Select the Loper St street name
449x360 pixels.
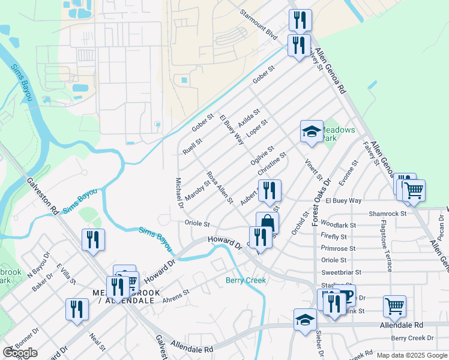[256, 128]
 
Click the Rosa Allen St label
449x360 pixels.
[220, 187]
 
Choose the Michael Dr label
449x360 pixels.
[179, 193]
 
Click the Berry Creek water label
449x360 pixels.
[245, 280]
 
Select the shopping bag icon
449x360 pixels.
[267, 223]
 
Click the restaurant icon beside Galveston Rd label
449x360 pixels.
[93, 239]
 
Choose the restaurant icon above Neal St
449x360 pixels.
[76, 309]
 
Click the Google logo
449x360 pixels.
[20, 353]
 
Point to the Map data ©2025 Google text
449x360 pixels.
[411, 355]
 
